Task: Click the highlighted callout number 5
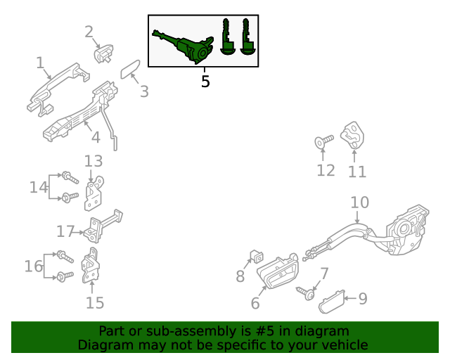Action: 205,82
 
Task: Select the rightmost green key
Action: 247,37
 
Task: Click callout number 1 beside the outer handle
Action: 40,63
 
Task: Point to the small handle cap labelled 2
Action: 103,53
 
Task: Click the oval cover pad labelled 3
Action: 130,69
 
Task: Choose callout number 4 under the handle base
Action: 96,137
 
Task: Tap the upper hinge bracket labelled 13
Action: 94,193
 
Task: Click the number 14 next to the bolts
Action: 39,187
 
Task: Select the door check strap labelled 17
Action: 103,226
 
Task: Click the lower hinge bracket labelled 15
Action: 91,266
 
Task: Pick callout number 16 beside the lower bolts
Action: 34,266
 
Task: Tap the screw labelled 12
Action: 324,142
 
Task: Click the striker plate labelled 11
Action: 352,136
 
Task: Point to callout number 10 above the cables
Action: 360,202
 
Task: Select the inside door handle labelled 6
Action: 278,271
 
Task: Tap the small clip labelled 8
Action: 257,257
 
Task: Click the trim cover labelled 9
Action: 331,302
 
